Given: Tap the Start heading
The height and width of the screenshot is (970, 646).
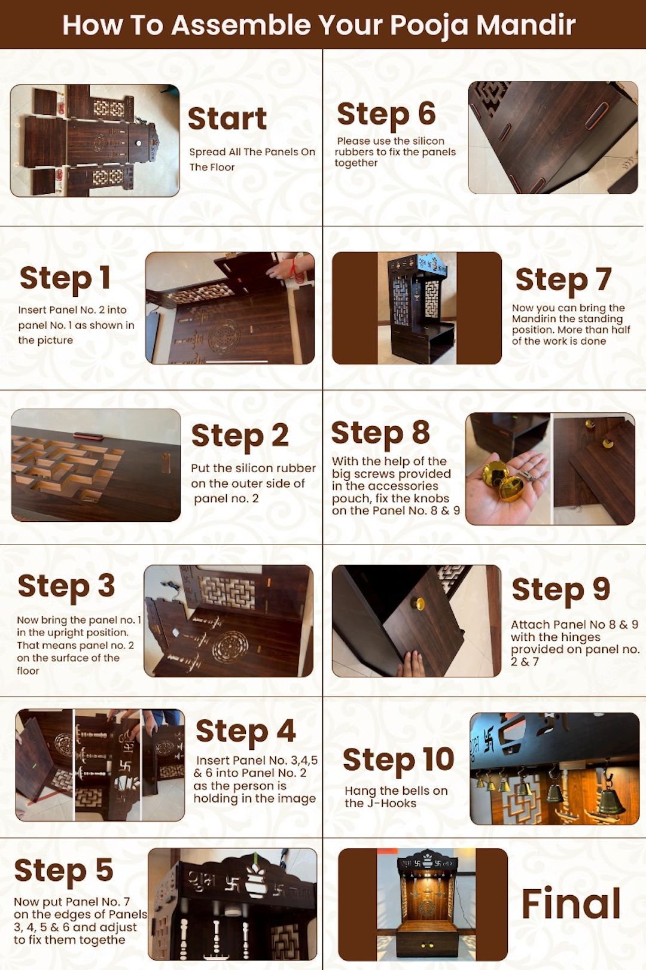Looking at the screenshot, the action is pos(227,118).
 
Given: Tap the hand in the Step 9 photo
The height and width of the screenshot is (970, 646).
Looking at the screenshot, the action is pos(411,664).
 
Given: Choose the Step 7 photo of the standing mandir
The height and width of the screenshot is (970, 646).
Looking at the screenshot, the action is pos(416,308).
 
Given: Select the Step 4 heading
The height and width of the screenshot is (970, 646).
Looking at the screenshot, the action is pos(246,732).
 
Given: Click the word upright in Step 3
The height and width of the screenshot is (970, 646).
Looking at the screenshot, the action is pos(66,633).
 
